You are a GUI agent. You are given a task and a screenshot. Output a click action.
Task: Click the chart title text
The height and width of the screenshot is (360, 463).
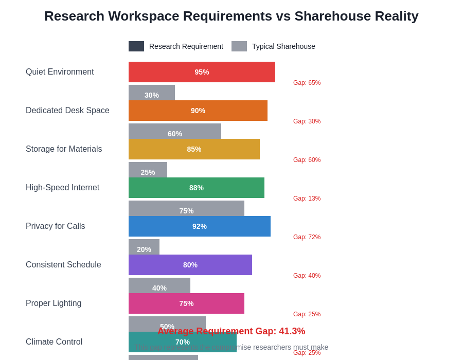[x=231, y=16]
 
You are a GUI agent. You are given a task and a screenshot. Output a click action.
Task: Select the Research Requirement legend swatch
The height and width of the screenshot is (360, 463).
[x=136, y=46]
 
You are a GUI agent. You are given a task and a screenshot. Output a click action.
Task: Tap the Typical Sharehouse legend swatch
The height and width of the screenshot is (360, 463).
[x=239, y=46]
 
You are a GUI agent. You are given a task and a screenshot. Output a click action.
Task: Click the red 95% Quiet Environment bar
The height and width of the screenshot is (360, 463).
[x=202, y=72]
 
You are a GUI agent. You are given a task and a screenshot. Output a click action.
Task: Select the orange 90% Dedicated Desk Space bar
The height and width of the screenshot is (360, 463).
[x=198, y=111]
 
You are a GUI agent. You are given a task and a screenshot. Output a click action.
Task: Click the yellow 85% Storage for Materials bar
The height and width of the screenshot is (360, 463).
[x=194, y=149]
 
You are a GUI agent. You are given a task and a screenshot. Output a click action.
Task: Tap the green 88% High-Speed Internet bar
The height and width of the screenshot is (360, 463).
[x=197, y=188]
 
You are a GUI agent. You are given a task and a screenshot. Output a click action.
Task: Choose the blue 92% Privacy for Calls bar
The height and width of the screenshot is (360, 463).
[x=200, y=226]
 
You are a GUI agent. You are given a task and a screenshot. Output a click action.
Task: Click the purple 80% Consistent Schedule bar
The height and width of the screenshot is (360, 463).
[x=190, y=265]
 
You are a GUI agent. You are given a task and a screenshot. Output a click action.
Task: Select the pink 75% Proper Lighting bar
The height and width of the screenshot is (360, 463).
[x=186, y=303]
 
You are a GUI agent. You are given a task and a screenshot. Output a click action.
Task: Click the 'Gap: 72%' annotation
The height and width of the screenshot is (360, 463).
[x=307, y=237]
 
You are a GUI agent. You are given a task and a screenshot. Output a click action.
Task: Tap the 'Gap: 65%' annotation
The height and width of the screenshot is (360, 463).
[x=307, y=83]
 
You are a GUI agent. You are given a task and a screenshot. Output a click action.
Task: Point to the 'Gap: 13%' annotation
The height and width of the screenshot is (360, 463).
[x=307, y=199]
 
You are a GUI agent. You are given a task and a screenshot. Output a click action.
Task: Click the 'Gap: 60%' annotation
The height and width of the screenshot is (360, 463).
[x=307, y=160]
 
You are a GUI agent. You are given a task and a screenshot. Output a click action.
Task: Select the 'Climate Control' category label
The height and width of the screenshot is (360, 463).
[x=54, y=342]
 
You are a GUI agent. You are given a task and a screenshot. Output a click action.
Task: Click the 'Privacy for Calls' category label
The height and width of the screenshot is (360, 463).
[x=56, y=226]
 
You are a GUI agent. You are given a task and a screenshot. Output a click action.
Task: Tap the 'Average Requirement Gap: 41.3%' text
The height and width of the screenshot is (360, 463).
[x=231, y=331]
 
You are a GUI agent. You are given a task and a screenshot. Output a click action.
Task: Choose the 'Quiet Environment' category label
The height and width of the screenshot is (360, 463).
[x=60, y=72]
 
